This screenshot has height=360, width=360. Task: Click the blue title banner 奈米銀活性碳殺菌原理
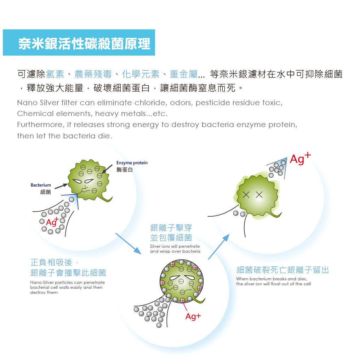79,43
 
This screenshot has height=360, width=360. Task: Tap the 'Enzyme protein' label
132,163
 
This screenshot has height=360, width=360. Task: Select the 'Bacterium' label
41,185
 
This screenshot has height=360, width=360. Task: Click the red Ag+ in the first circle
52,222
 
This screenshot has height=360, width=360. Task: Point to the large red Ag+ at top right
299,159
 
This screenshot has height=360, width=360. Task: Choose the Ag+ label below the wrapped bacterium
193,316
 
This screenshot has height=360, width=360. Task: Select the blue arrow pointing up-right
218,247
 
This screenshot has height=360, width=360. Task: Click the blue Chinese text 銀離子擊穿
171,228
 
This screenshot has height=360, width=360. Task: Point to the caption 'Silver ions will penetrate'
175,246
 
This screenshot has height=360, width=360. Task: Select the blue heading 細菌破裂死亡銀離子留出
282,270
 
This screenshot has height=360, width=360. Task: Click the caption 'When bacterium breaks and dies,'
272,279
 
